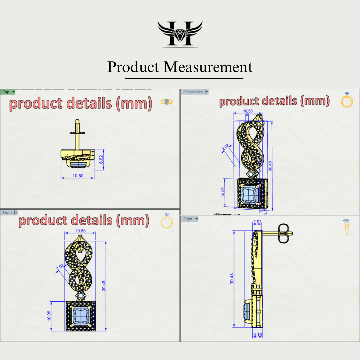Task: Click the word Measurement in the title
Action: point(208,67)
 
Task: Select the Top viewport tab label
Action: point(6,92)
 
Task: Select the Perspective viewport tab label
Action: point(193,92)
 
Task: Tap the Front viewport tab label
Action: point(7,213)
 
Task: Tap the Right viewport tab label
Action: point(188,219)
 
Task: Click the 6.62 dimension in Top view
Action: point(101,159)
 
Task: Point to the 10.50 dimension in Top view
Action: point(78,176)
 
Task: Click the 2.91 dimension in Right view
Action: point(257,222)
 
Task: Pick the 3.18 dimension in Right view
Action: point(258,335)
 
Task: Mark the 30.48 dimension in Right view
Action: point(232,279)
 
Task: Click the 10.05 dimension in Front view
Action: point(49,316)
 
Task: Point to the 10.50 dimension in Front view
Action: point(80,231)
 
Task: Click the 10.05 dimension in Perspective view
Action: point(223,192)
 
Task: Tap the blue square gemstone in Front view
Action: point(81,316)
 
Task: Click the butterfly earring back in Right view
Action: point(284,233)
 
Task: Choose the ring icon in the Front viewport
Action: point(167,221)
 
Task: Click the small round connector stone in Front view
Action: point(81,296)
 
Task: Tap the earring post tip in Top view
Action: point(77,121)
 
